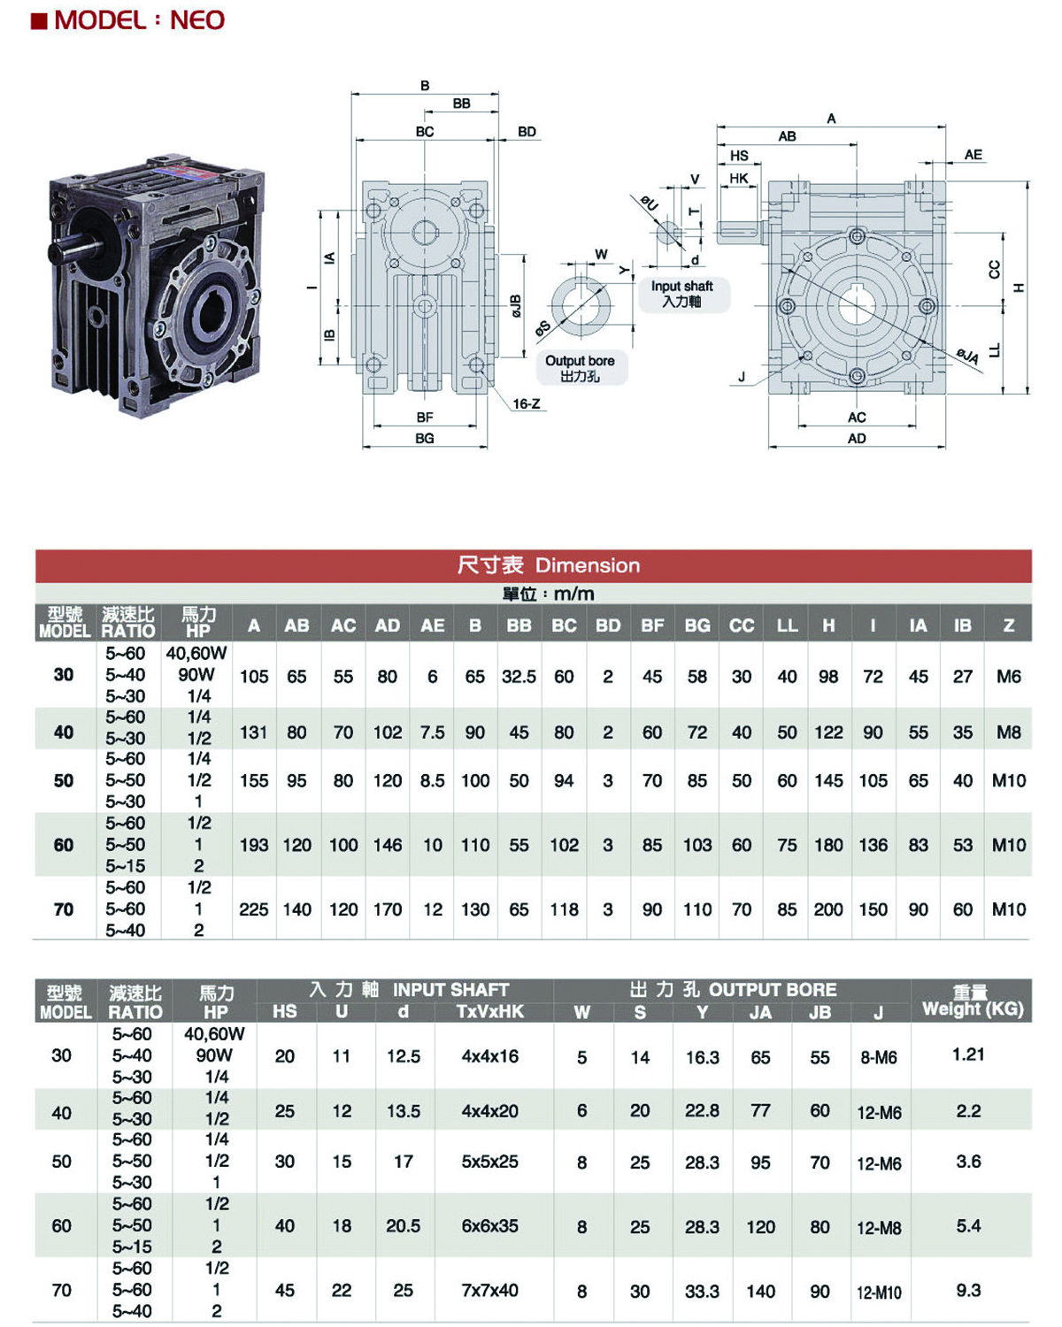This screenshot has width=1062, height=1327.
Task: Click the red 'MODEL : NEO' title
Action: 139,20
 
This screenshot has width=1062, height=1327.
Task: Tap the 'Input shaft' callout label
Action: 681,286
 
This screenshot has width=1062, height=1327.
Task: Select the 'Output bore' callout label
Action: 580,361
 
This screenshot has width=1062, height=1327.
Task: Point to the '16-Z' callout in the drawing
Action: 526,404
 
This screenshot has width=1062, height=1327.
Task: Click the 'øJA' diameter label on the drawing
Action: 967,356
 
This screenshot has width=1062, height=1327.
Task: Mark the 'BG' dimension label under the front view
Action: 425,439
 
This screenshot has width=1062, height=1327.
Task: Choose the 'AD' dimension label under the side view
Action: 857,439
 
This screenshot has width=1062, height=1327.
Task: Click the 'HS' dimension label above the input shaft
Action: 739,156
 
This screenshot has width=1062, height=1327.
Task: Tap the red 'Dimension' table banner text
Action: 588,565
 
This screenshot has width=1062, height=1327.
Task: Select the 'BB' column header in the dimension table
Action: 519,625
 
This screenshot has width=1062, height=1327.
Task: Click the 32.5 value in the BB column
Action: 519,677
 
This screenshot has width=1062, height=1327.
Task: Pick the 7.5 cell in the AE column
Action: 433,732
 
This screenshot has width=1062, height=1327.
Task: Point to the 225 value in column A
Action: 254,909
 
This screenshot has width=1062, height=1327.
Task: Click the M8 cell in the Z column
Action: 1008,732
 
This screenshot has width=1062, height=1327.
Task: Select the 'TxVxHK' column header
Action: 490,1011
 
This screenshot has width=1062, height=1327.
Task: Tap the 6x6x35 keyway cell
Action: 490,1226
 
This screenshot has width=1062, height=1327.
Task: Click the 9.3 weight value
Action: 968,1291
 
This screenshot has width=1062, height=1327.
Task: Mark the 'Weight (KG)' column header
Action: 973,1009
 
